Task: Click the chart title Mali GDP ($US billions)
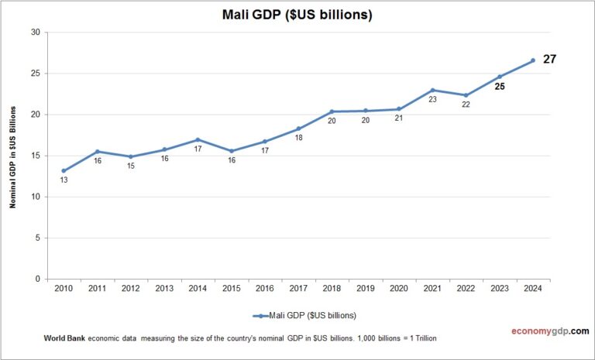click(x=297, y=15)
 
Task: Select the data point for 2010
click(x=64, y=170)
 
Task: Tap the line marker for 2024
click(x=532, y=60)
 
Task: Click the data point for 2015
click(x=231, y=151)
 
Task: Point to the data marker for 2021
click(x=432, y=91)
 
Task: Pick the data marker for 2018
click(x=332, y=111)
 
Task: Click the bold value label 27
click(x=550, y=59)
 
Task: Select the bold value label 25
click(x=500, y=87)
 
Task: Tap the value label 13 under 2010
click(x=64, y=180)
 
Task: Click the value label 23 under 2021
click(x=432, y=100)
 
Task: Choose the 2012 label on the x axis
click(x=130, y=289)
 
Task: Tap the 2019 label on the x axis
click(x=365, y=289)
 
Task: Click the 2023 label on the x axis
click(x=499, y=289)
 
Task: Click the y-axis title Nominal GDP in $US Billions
click(x=12, y=155)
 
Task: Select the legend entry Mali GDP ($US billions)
click(x=304, y=315)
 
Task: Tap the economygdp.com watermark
click(x=545, y=331)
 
